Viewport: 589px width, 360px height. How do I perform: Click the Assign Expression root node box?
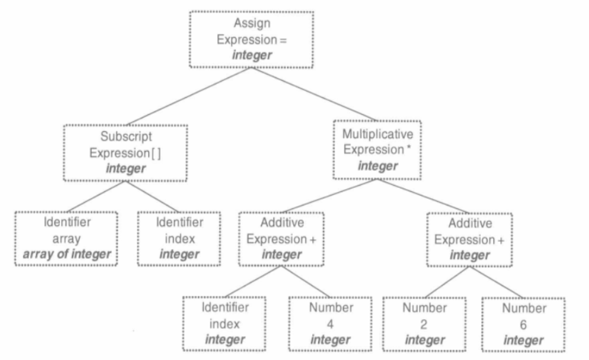[x=251, y=40]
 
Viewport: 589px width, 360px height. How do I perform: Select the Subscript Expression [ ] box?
[x=126, y=153]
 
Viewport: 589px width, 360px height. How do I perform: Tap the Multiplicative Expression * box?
[x=377, y=150]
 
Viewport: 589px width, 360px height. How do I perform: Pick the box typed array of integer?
[x=66, y=239]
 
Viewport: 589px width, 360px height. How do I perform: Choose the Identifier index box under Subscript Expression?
[x=179, y=239]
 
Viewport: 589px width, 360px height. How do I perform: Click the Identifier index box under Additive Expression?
[x=225, y=324]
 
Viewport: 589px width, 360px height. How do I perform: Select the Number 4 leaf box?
[x=330, y=324]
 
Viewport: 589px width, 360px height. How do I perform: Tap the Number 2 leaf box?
[x=424, y=324]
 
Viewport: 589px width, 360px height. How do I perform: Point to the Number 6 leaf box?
[x=523, y=324]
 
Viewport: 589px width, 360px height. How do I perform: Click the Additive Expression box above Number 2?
[x=470, y=239]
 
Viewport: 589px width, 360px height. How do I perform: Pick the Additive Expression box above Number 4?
[x=281, y=239]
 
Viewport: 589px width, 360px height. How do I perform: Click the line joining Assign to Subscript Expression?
[x=189, y=96]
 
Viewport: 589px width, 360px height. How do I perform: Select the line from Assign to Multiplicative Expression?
[x=314, y=94]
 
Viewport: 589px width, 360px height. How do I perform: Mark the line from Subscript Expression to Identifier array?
[x=96, y=196]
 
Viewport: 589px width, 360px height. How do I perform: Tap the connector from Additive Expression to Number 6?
[x=496, y=282]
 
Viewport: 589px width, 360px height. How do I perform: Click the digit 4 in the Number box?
[x=330, y=324]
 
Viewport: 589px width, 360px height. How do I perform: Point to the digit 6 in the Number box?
[x=523, y=325]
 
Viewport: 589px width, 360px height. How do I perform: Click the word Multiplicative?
[x=377, y=134]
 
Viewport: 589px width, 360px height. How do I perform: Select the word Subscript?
[x=126, y=137]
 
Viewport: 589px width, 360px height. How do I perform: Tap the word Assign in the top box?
[x=252, y=23]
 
